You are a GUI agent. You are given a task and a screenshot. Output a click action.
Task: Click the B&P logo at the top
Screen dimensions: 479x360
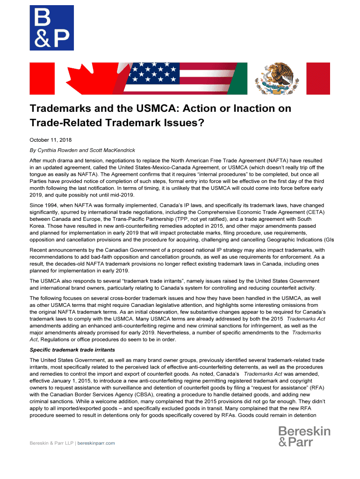[x=51, y=28]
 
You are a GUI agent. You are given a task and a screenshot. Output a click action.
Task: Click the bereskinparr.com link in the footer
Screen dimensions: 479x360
[x=96, y=443]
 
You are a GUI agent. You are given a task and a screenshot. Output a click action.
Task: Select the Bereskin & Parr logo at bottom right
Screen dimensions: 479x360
[x=304, y=436]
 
